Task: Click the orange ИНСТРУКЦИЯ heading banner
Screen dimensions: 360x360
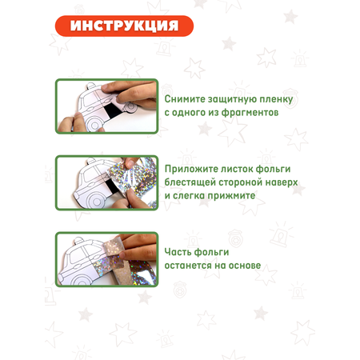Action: (x=124, y=26)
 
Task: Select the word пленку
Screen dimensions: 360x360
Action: (x=276, y=100)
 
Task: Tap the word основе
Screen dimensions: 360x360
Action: (x=245, y=266)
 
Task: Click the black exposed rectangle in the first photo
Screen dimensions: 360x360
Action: (x=110, y=113)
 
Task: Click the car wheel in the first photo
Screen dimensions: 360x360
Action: (x=94, y=125)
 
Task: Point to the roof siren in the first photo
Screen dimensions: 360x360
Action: (x=91, y=86)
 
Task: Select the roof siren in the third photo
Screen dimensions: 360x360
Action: (x=78, y=241)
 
